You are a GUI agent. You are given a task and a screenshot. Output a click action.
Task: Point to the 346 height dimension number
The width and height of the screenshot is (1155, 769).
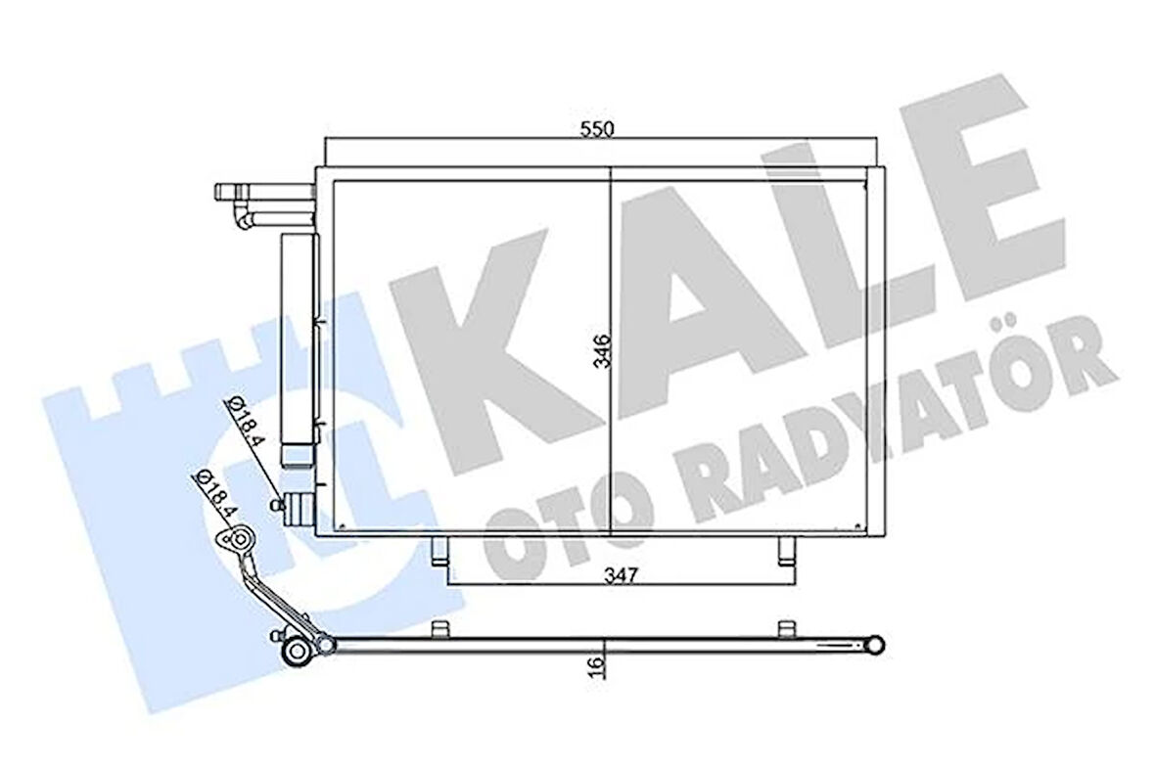(600, 351)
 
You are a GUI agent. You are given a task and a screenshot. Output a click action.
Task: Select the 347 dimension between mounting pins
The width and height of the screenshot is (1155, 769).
(621, 574)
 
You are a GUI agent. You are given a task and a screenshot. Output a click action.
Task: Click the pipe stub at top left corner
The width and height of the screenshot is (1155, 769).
(233, 192)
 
